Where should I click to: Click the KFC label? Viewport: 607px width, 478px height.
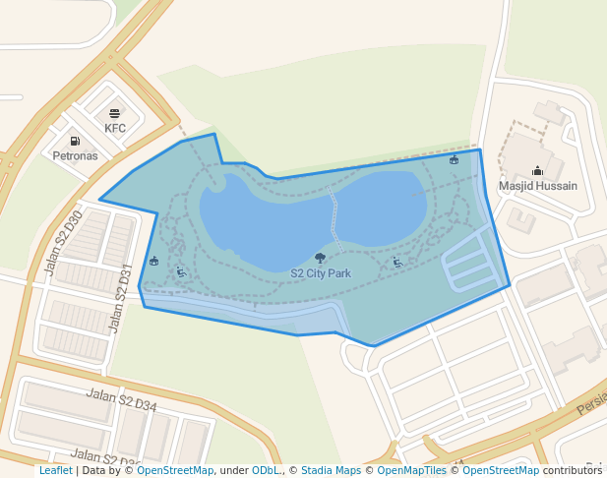(x=115, y=128)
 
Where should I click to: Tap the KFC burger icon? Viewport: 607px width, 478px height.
(x=115, y=114)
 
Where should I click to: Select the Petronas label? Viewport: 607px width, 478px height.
(x=75, y=155)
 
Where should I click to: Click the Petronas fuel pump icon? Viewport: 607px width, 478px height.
(x=75, y=142)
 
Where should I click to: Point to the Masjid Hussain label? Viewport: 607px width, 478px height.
(x=537, y=185)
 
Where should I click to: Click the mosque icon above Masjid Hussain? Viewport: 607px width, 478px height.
(x=537, y=170)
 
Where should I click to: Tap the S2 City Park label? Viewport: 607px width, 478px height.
(x=321, y=273)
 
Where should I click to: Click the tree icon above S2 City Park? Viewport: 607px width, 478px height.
(x=320, y=259)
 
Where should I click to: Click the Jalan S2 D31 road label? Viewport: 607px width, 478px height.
(x=120, y=298)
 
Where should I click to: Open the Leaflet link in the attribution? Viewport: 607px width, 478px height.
(x=55, y=471)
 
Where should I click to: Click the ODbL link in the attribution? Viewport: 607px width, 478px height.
(x=266, y=471)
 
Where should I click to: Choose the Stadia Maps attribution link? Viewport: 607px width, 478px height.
(x=331, y=471)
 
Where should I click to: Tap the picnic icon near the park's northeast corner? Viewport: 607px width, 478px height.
(x=454, y=159)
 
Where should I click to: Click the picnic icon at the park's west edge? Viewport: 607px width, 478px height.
(x=154, y=261)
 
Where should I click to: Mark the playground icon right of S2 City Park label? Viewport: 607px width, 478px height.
(x=396, y=262)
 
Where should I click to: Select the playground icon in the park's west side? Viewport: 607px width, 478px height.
(x=180, y=271)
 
